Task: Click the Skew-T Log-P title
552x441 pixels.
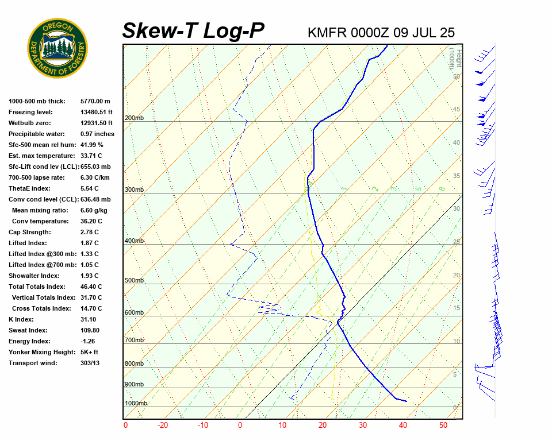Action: pyautogui.click(x=193, y=31)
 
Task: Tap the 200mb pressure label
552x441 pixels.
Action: pyautogui.click(x=134, y=118)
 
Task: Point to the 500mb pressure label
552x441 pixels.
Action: pyautogui.click(x=134, y=281)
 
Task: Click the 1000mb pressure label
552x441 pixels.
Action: pyautogui.click(x=136, y=404)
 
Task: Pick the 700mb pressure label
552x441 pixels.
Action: pyautogui.click(x=134, y=341)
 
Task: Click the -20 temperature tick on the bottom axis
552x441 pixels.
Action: pyautogui.click(x=163, y=425)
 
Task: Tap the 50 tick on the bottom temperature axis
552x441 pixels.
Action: pyautogui.click(x=443, y=425)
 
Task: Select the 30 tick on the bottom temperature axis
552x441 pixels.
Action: pyautogui.click(x=362, y=425)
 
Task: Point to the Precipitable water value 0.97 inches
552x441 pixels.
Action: pyautogui.click(x=97, y=134)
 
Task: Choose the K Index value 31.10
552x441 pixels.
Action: pyautogui.click(x=89, y=319)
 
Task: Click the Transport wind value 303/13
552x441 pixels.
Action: pyautogui.click(x=90, y=363)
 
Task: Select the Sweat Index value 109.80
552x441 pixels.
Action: pyautogui.click(x=90, y=330)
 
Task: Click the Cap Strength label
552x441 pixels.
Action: pyautogui.click(x=29, y=232)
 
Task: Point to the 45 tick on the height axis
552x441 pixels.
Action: pyautogui.click(x=457, y=110)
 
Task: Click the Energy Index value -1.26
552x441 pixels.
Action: pyautogui.click(x=89, y=341)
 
